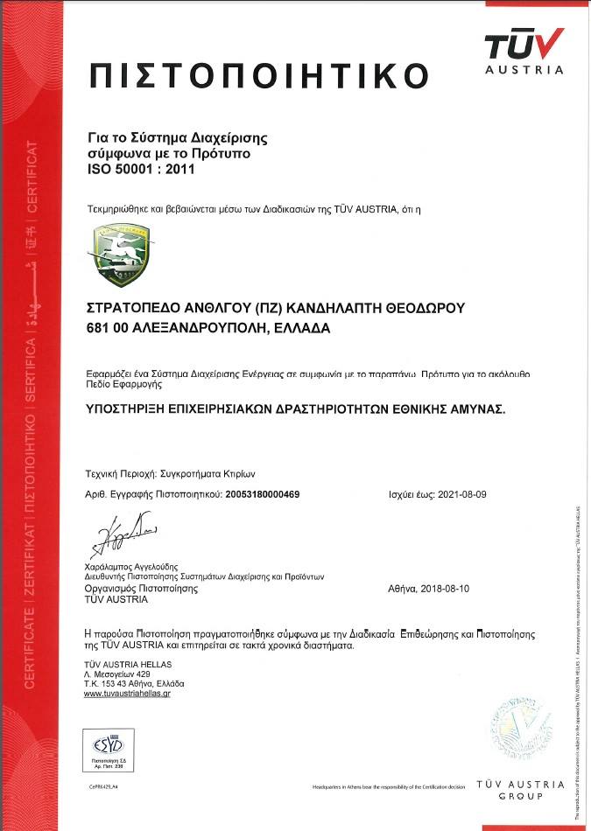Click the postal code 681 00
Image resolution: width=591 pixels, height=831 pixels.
pyautogui.click(x=107, y=328)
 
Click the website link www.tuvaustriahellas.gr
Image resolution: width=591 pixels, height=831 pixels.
pyautogui.click(x=127, y=693)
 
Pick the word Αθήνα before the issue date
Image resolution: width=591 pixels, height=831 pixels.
pyautogui.click(x=403, y=590)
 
